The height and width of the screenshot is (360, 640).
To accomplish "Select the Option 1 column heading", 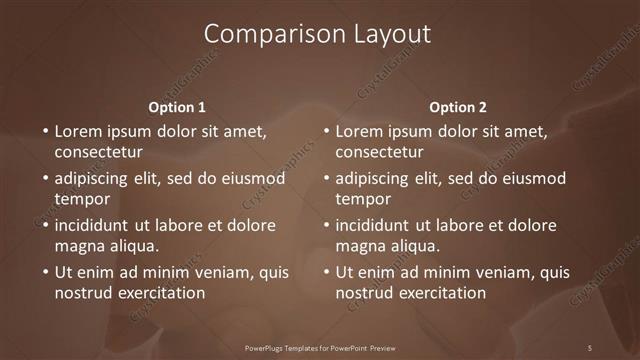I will click(177, 107).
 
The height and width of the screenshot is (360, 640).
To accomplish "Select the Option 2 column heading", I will click(458, 107).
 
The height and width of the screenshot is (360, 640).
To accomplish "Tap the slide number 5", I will click(590, 347).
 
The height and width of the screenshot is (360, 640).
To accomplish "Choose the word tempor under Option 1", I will click(81, 199).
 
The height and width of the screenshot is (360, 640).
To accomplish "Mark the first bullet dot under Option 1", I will click(44, 132).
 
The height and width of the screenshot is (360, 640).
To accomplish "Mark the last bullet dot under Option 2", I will click(325, 272).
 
